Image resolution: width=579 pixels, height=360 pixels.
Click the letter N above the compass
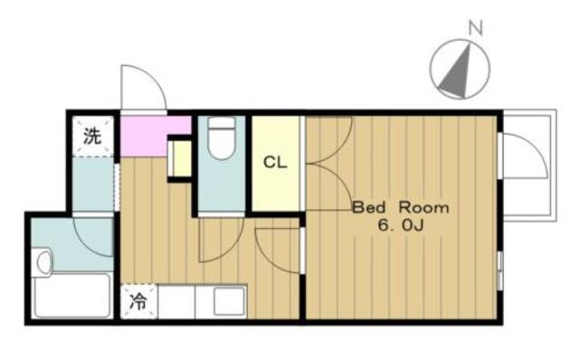click(476, 28)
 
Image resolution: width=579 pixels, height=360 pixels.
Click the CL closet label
click(275, 162)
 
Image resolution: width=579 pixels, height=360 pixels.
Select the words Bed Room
click(401, 207)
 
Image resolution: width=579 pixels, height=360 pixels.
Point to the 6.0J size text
click(400, 225)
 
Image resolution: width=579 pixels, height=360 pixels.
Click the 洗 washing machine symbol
click(92, 136)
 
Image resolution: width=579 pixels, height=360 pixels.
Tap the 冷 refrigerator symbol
click(138, 301)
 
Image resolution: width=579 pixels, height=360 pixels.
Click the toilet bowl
click(222, 138)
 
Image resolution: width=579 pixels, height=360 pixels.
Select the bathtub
click(72, 295)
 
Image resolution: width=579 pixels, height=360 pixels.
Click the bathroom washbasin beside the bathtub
click(44, 262)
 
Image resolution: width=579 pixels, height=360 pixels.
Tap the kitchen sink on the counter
click(229, 301)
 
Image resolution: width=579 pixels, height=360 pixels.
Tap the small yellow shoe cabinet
click(181, 159)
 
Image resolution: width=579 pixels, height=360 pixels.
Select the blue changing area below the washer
click(92, 184)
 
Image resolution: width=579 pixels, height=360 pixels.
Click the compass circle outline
click(431, 69)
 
